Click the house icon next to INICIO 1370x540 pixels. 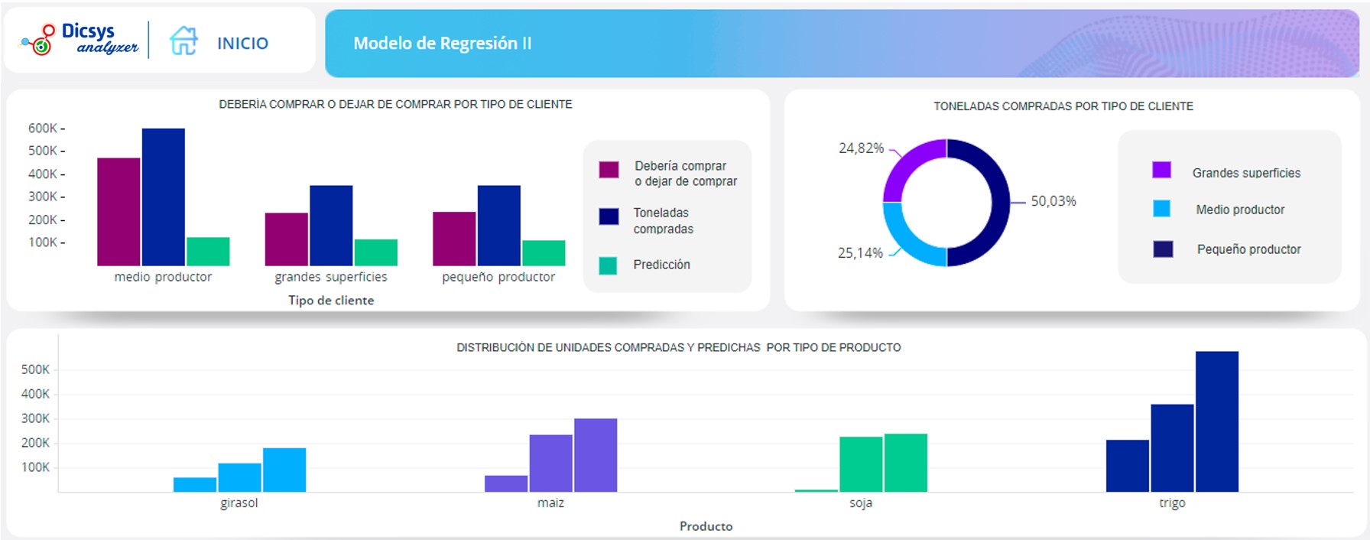point(183,41)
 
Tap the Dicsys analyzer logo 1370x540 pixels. point(80,39)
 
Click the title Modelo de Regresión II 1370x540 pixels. point(442,44)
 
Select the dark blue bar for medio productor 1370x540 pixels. point(163,197)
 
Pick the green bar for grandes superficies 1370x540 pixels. point(375,252)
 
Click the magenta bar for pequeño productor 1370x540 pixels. point(454,239)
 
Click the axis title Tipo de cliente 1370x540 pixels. point(331,301)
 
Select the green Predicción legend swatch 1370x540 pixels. point(608,265)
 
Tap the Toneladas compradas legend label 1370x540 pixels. point(663,221)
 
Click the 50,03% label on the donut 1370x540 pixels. point(1053,201)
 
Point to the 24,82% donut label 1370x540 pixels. point(861,148)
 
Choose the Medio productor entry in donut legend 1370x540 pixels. point(1240,210)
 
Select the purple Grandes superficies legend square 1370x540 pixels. point(1161,170)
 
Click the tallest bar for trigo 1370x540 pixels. point(1216,421)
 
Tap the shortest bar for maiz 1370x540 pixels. point(506,483)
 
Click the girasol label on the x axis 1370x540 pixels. point(239,503)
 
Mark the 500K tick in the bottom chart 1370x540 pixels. point(35,369)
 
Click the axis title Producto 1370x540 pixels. point(706,526)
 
